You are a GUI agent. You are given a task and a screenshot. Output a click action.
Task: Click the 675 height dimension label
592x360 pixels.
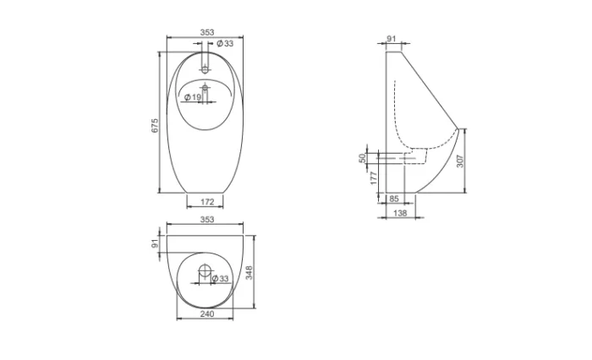coord(155,126)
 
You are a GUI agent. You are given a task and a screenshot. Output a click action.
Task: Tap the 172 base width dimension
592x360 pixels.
coord(207,202)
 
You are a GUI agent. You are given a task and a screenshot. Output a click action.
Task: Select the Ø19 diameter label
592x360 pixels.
coord(193,97)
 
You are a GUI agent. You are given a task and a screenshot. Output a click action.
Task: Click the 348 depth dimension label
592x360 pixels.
coord(249,272)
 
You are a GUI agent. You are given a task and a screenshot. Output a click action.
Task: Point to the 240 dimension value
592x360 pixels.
coord(207,314)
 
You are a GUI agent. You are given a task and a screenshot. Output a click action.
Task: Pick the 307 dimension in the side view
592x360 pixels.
coord(460,161)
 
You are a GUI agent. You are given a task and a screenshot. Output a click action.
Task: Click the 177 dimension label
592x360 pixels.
coord(374,177)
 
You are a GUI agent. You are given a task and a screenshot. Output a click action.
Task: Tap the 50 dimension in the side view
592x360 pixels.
coord(363,158)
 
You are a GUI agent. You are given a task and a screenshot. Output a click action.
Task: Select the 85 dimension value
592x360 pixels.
coord(394,199)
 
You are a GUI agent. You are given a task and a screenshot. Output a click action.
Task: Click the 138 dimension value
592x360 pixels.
coord(400,213)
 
